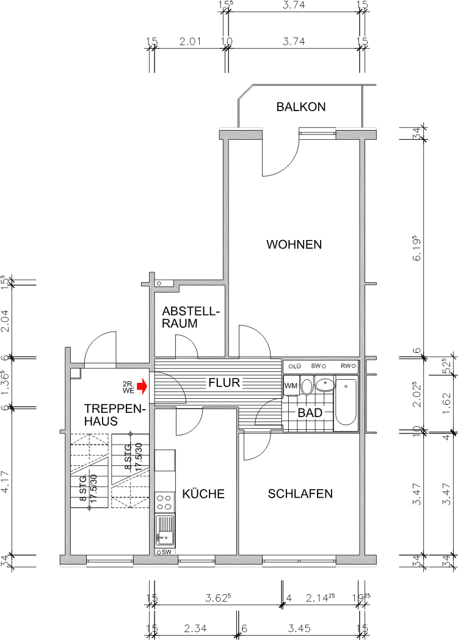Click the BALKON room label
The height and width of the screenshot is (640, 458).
(x=300, y=107)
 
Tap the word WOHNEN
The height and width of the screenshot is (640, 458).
(x=294, y=245)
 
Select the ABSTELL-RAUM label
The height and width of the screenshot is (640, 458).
(x=189, y=318)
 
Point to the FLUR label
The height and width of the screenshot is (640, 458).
(x=224, y=384)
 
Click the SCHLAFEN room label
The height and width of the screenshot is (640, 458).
(x=300, y=493)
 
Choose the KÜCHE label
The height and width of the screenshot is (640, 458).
(x=203, y=493)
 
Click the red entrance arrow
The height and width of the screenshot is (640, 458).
(x=142, y=386)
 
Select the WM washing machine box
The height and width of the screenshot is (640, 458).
(x=291, y=385)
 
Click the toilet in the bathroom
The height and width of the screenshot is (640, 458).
(x=307, y=387)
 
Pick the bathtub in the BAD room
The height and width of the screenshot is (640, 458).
(x=346, y=401)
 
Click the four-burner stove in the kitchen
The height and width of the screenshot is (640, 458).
(x=165, y=503)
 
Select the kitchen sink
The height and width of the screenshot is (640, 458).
(x=165, y=529)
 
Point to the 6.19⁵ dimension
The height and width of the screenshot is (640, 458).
(x=418, y=249)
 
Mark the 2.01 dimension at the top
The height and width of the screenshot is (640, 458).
(x=189, y=42)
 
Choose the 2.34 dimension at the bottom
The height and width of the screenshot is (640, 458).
(x=195, y=628)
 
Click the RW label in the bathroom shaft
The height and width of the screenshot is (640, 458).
(x=347, y=366)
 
